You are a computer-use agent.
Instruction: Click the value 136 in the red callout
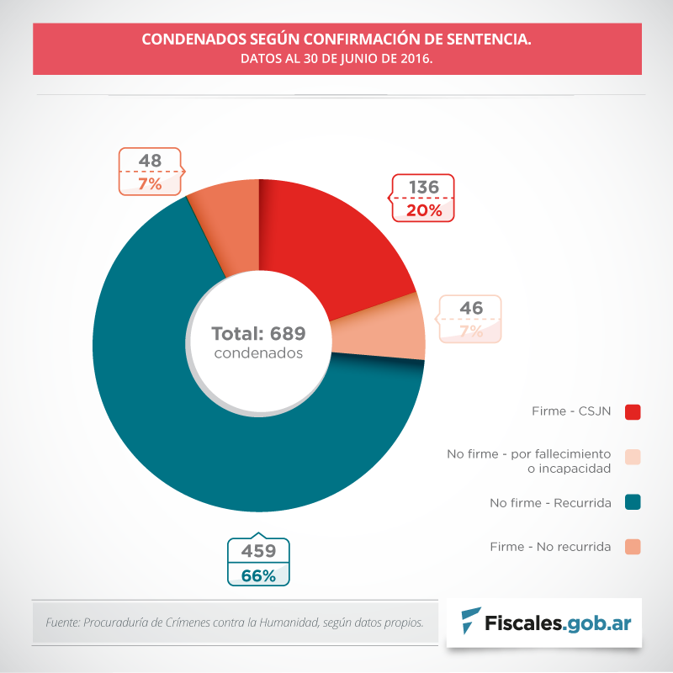coord(423,187)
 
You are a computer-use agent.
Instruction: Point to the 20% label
coord(423,210)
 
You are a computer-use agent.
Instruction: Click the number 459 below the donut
coord(259,552)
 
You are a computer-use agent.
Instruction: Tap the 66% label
coord(259,575)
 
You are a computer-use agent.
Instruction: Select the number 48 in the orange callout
coord(150,160)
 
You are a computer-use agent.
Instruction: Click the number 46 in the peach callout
coord(471,308)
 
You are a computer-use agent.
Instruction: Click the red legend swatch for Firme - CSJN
coord(633,411)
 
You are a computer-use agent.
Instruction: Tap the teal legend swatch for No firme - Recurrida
coord(633,502)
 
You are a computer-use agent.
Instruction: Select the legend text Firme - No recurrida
coord(550,547)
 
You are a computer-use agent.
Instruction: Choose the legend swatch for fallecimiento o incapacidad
coord(633,457)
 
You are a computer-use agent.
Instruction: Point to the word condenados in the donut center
coord(258,353)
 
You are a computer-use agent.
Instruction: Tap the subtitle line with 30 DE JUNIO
coord(336,60)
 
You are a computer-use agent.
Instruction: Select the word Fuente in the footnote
coord(61,623)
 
